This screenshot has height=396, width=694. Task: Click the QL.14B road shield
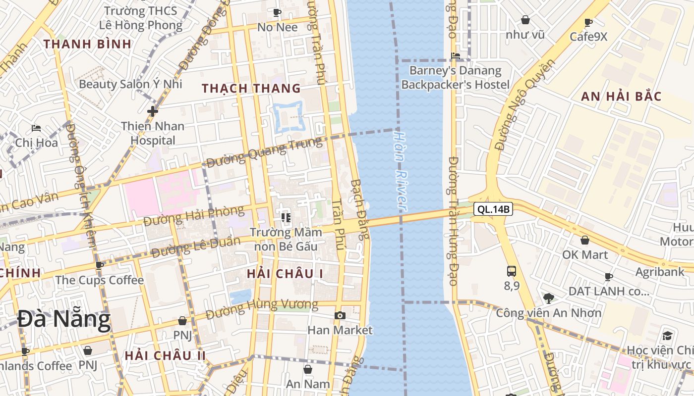tap(493, 209)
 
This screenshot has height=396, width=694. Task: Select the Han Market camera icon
tap(340, 315)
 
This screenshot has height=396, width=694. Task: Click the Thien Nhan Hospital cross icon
tap(152, 111)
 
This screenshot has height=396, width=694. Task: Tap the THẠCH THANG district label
tap(251, 89)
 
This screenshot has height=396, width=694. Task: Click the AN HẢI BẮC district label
tap(621, 97)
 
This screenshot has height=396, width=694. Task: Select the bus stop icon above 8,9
tap(512, 271)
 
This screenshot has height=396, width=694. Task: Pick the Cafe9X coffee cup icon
tap(588, 23)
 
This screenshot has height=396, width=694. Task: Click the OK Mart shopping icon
tap(585, 241)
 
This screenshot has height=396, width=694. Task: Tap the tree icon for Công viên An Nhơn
tap(548, 298)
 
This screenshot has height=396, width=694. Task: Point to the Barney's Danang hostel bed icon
tap(456, 56)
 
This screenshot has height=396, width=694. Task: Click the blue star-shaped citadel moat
tap(288, 117)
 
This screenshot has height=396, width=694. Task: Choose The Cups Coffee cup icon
tap(100, 265)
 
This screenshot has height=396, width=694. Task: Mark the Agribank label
tap(660, 272)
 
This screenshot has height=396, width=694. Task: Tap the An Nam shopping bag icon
tap(308, 369)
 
